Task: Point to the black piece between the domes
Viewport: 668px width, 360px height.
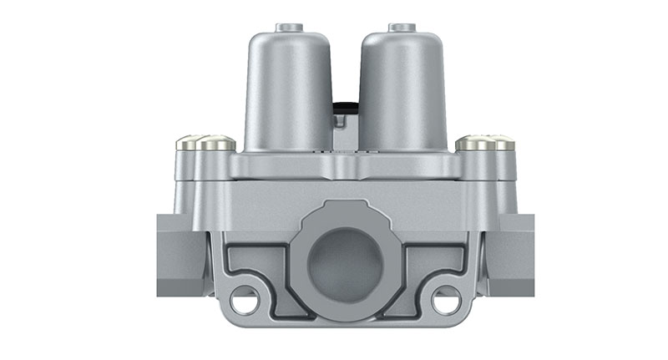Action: pos(342,107)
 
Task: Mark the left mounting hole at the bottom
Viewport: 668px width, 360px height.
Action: pos(244,296)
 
